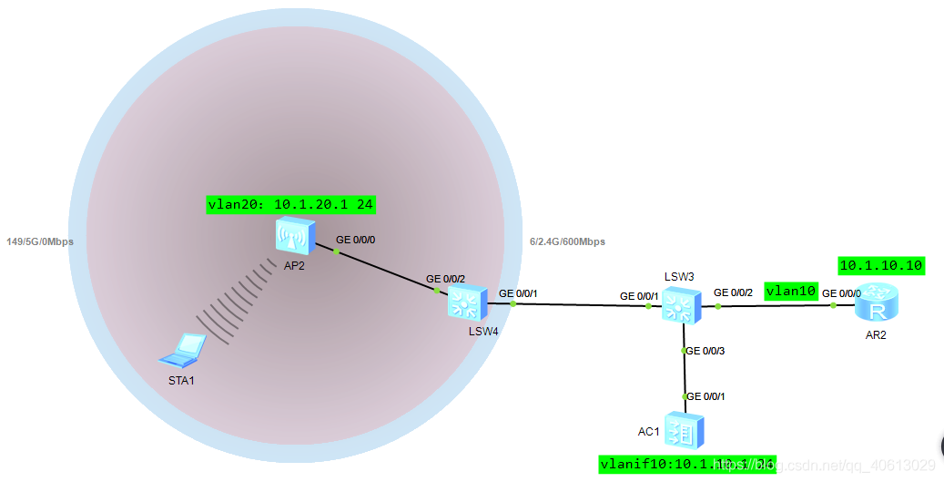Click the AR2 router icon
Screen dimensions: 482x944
pyautogui.click(x=877, y=302)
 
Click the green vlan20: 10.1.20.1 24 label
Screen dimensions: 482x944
pyautogui.click(x=290, y=205)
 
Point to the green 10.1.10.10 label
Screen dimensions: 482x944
pyautogui.click(x=880, y=265)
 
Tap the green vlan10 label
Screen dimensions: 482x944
pyautogui.click(x=791, y=291)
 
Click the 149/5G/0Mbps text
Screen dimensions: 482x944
pyautogui.click(x=40, y=241)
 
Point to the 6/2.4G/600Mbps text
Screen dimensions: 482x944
pyautogui.click(x=567, y=241)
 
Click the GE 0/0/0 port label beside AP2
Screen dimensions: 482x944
pyautogui.click(x=356, y=240)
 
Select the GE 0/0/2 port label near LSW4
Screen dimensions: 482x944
pyautogui.click(x=446, y=279)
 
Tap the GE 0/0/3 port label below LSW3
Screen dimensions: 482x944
pyautogui.click(x=706, y=351)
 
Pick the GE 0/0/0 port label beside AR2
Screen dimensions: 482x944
pyautogui.click(x=841, y=293)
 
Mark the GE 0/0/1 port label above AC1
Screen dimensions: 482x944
pyautogui.click(x=706, y=395)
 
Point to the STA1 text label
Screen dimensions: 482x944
pyautogui.click(x=181, y=379)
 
